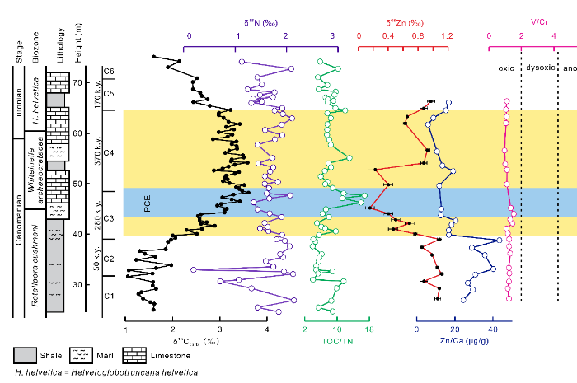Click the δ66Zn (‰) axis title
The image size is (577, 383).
400,21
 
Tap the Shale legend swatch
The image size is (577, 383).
25,356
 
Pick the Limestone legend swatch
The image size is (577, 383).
133,356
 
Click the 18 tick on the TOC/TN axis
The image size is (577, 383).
368,329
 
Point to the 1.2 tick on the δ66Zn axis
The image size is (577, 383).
447,36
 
